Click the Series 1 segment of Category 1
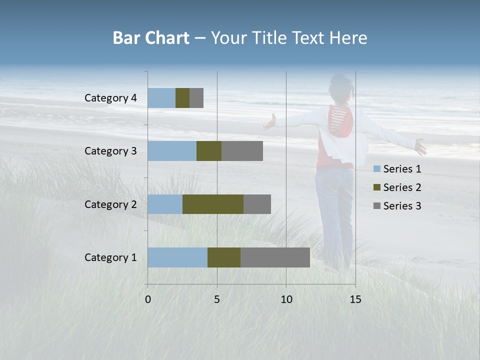177,257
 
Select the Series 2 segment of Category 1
224,257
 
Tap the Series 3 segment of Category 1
275,257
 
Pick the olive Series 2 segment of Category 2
213,204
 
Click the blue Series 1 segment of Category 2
165,204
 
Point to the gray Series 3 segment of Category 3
242,151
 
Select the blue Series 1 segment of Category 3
172,151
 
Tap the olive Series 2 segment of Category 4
182,98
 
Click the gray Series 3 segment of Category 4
196,98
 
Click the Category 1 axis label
110,257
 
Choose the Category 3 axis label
110,151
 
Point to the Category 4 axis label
110,98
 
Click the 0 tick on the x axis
148,299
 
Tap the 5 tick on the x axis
217,299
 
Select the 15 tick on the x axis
355,299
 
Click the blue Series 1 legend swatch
376,169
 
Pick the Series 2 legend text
402,187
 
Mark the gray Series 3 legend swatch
376,206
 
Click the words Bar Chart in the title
151,38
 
